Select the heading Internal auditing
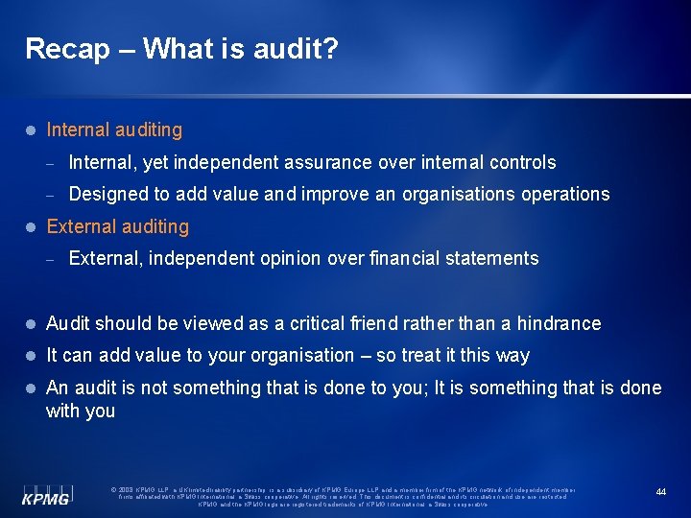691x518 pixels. pyautogui.click(x=114, y=129)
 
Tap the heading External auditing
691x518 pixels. pyautogui.click(x=118, y=226)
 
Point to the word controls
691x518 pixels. pyautogui.click(x=523, y=162)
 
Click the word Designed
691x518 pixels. pyautogui.click(x=107, y=194)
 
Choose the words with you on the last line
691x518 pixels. pyautogui.click(x=81, y=411)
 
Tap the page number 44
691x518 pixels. pyautogui.click(x=661, y=491)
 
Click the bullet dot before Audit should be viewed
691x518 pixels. pyautogui.click(x=32, y=324)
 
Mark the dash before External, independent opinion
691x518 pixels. pyautogui.click(x=55, y=259)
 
